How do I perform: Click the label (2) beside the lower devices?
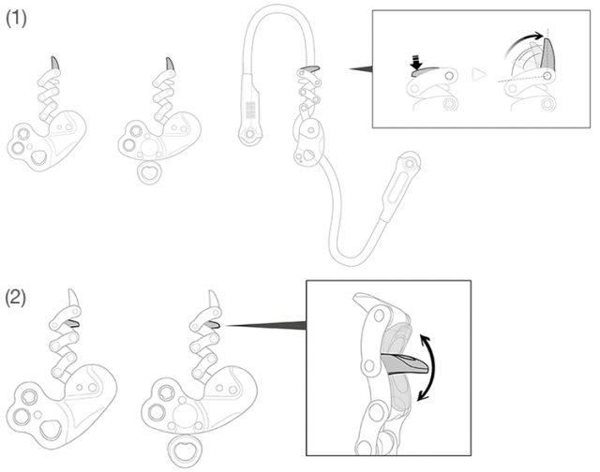(x=16, y=299)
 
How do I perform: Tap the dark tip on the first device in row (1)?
(x=56, y=63)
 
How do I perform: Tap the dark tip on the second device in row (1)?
(x=170, y=64)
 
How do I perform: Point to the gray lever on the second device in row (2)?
(x=213, y=324)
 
